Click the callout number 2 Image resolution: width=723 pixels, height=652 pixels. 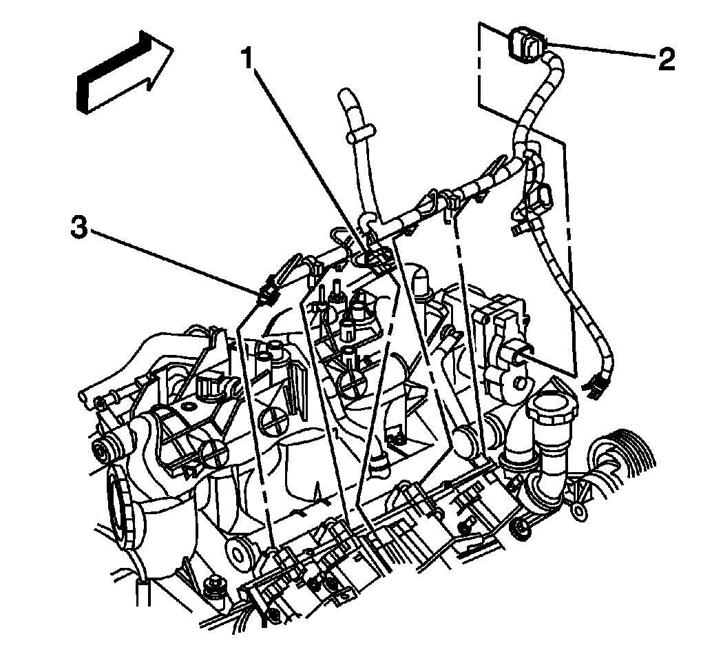point(665,59)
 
